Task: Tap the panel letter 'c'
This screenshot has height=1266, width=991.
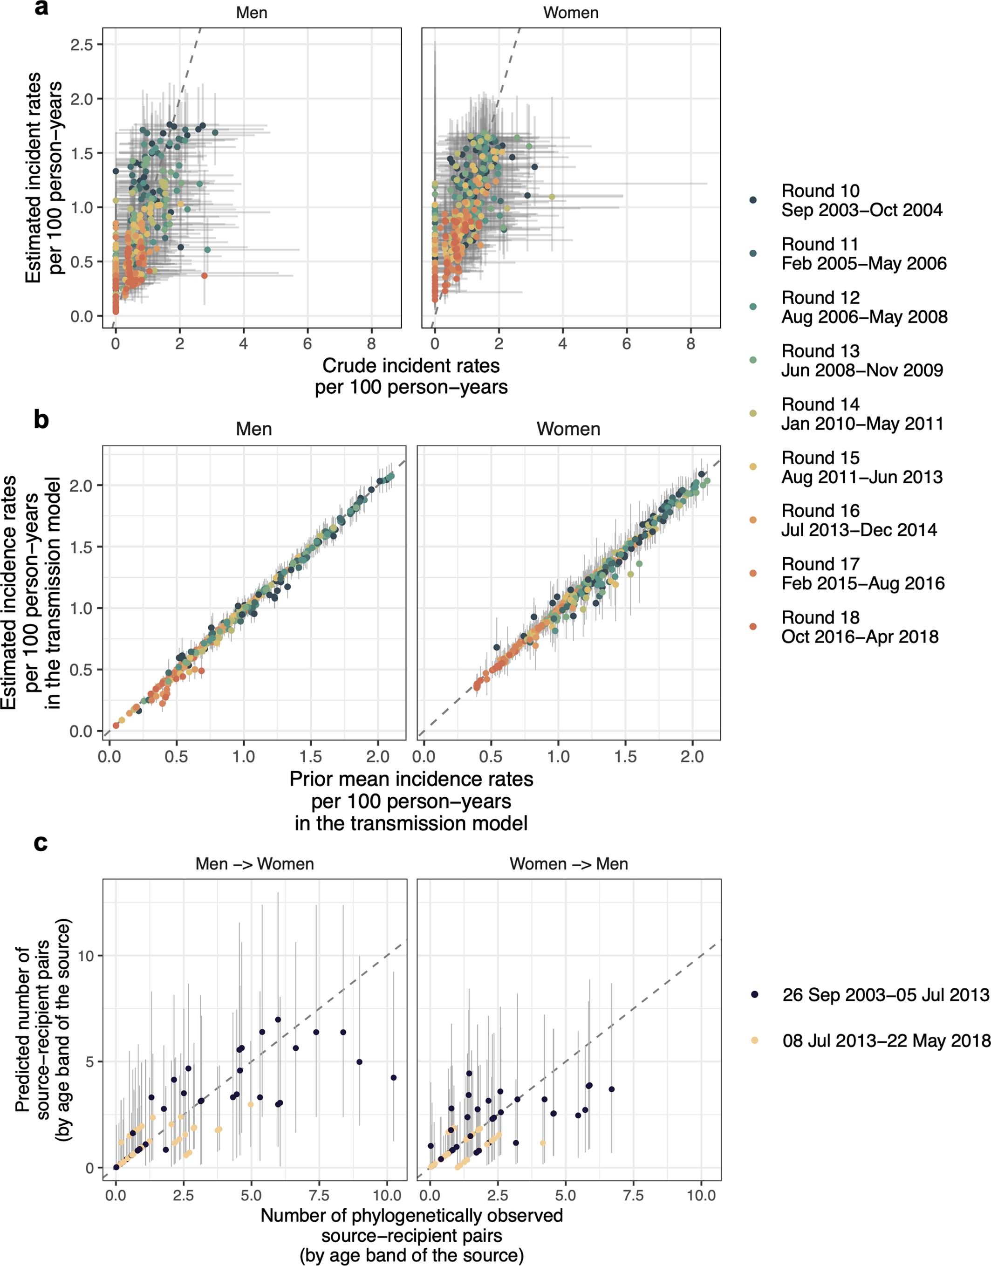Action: coord(41,842)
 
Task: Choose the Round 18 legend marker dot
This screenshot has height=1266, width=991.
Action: coord(752,627)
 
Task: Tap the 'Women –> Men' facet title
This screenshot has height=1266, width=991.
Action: coord(568,863)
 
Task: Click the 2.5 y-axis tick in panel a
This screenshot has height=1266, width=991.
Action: coord(83,45)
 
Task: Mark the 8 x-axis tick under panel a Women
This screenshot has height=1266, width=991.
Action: coord(690,344)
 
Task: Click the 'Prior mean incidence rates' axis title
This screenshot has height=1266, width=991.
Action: coord(411,779)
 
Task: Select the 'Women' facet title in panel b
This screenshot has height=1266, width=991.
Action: coord(568,429)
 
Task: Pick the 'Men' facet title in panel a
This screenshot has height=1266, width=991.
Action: coord(251,13)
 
